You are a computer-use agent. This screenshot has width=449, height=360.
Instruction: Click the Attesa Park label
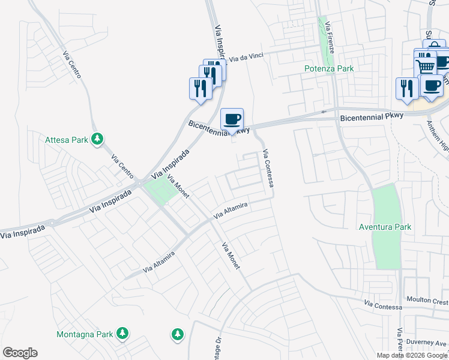(66, 140)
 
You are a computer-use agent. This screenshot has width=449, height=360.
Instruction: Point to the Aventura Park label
(385, 227)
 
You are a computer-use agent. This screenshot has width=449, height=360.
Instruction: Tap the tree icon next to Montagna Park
(122, 332)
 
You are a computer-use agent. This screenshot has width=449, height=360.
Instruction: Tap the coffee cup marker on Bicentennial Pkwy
(232, 119)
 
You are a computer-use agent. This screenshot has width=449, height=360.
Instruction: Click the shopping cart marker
(426, 67)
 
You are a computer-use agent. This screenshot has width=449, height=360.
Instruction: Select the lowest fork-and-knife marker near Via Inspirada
(200, 88)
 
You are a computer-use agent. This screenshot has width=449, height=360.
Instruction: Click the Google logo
(20, 353)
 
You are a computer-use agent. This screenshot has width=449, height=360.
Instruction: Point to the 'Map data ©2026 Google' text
(411, 355)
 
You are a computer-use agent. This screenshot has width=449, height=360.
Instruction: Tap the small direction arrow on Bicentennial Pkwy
(324, 112)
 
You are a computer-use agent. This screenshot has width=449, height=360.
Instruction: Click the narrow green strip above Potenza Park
(328, 45)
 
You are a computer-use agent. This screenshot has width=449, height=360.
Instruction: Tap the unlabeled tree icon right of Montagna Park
(177, 333)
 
